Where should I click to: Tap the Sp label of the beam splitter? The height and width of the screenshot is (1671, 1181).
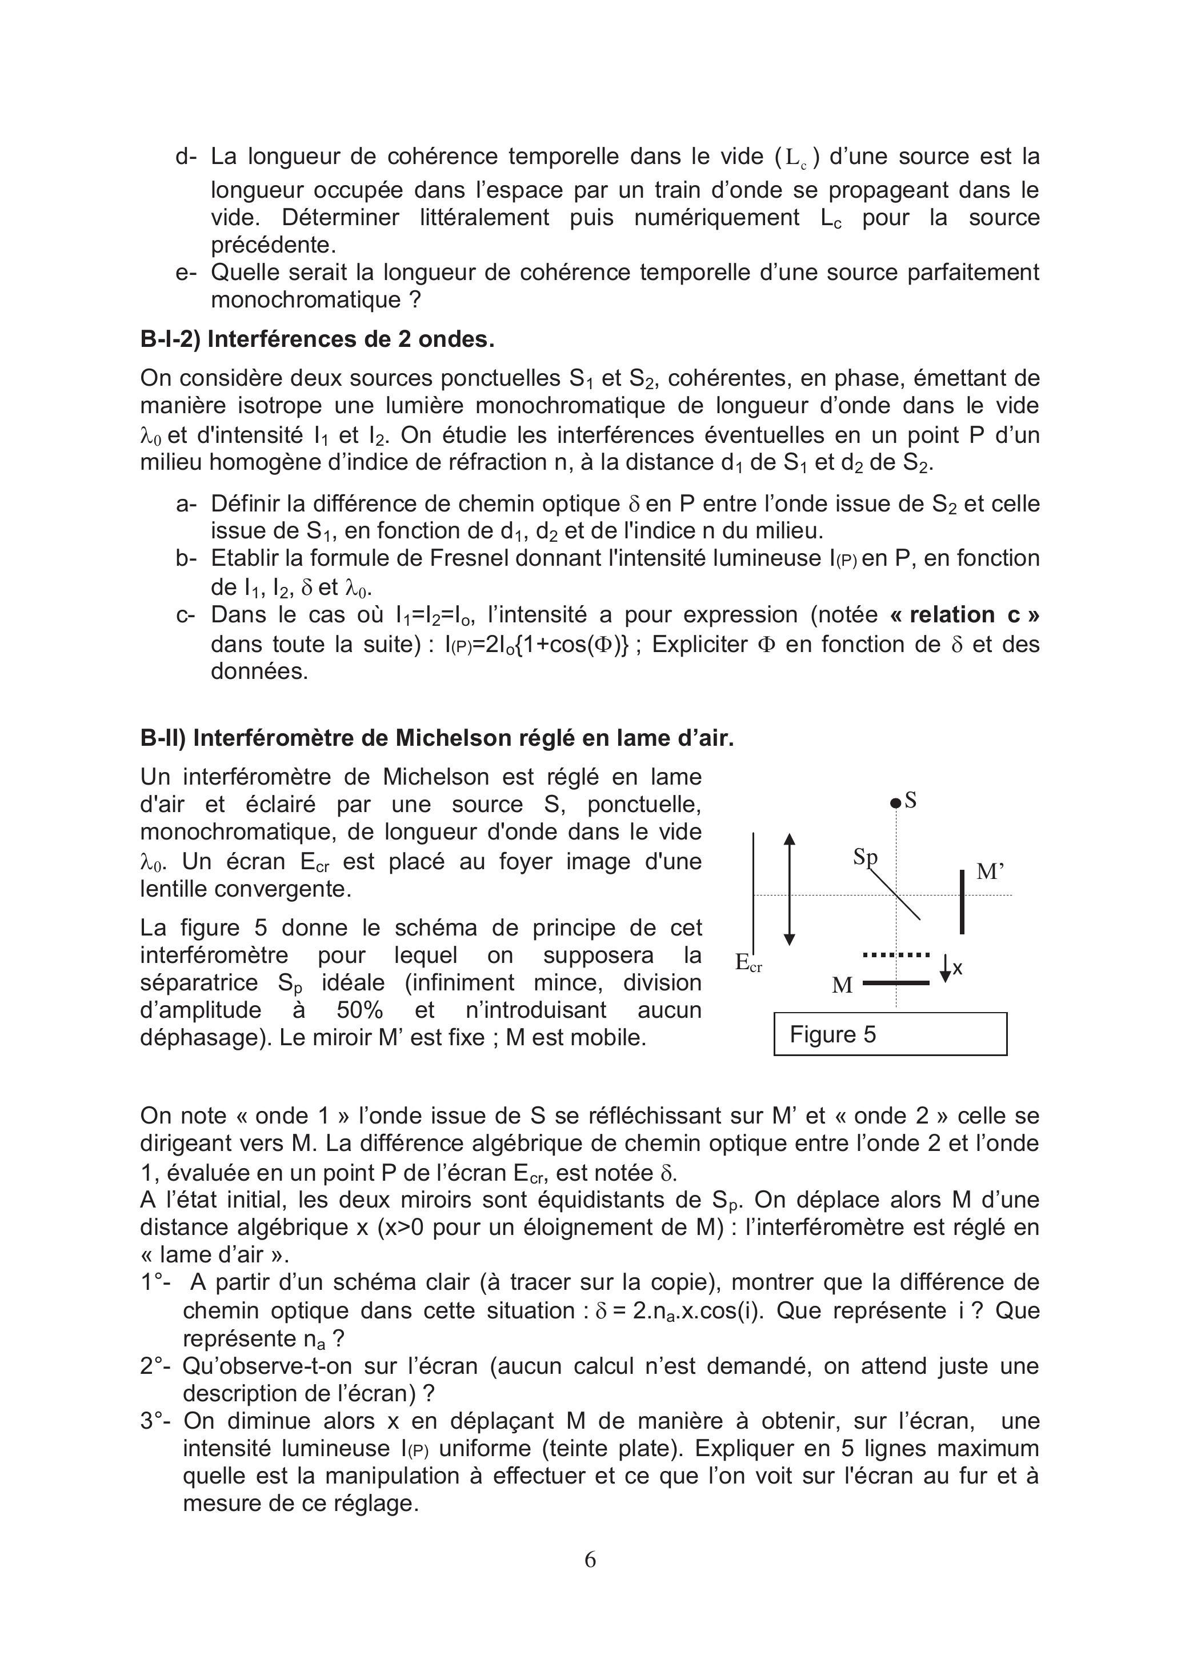coord(865,858)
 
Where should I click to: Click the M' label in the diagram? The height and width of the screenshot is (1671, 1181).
coord(990,872)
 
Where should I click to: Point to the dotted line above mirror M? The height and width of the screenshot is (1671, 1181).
coord(896,954)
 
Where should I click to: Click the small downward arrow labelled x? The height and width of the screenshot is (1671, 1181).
coord(945,968)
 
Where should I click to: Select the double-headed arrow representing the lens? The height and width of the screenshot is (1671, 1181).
coord(790,889)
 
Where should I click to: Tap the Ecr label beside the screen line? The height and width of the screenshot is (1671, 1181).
coord(748,964)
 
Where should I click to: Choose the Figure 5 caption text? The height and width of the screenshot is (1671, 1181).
coord(832,1034)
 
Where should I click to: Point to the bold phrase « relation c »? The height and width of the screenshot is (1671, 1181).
coord(964,615)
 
